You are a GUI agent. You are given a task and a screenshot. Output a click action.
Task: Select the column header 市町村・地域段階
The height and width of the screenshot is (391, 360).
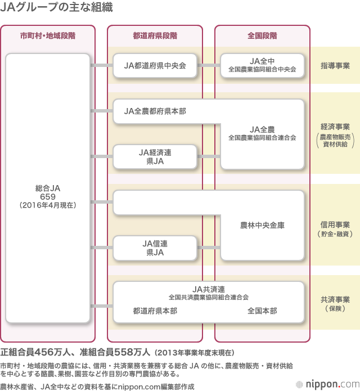48,35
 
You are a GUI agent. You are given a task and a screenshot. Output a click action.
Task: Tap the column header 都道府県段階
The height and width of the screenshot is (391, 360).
155,35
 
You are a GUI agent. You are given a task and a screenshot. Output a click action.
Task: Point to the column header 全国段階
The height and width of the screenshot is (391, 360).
262,35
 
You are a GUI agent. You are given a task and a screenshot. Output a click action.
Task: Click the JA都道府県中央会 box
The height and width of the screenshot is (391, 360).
155,65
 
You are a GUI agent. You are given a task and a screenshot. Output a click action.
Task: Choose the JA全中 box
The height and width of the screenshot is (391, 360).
262,65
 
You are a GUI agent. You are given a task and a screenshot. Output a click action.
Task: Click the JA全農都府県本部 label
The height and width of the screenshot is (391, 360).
155,111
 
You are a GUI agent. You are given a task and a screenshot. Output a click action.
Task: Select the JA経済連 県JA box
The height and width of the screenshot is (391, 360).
155,156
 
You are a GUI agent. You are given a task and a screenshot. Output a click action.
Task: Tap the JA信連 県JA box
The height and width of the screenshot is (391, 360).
155,248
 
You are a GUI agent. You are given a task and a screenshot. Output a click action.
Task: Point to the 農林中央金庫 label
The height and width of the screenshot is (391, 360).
262,225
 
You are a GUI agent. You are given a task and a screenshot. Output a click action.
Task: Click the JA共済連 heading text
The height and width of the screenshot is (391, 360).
209,289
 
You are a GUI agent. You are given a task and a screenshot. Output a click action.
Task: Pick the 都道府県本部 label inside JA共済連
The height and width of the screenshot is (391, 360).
155,311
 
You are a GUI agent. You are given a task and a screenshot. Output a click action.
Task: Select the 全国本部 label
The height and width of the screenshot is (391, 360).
262,311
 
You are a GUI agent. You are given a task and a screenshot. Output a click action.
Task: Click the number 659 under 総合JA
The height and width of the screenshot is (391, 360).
47,196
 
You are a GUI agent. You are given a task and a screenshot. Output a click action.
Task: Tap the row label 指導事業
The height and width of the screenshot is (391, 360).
335,66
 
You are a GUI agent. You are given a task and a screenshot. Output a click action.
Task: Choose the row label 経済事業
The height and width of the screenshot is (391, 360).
335,127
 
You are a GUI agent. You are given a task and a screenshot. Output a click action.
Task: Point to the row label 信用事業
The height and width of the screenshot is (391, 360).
335,224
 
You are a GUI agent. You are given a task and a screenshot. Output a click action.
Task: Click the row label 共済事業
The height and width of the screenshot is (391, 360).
335,299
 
